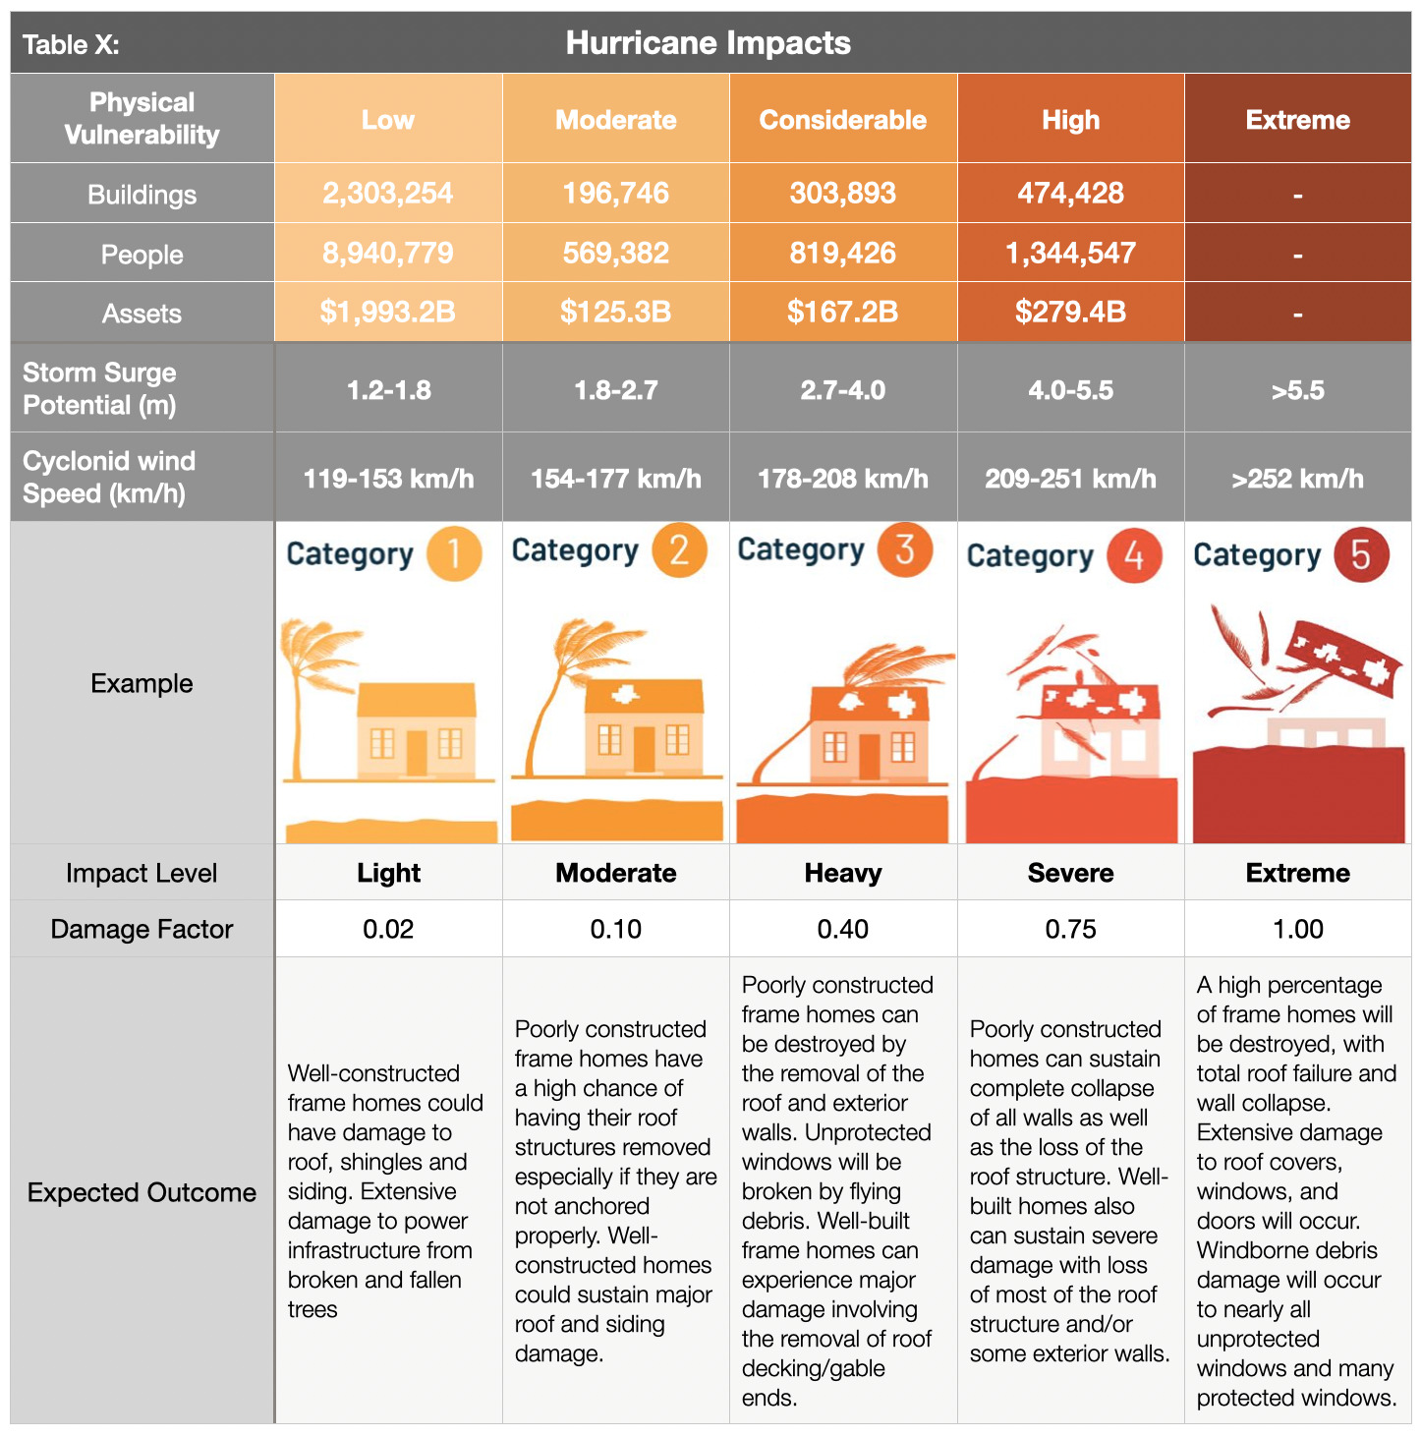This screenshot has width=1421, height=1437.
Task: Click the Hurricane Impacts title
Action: pyautogui.click(x=708, y=43)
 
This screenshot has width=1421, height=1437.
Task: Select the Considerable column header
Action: pyautogui.click(x=842, y=120)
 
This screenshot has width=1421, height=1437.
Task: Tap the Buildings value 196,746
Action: pyautogui.click(x=615, y=193)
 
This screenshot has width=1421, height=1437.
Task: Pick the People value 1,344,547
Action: pyautogui.click(x=1070, y=254)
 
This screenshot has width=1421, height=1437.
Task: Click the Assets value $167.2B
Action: pyautogui.click(x=842, y=313)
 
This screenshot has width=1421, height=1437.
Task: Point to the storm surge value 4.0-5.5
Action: pyautogui.click(x=1070, y=390)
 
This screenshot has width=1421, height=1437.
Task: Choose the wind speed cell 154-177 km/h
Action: pyautogui.click(x=615, y=479)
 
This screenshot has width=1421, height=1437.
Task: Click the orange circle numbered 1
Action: pyautogui.click(x=454, y=553)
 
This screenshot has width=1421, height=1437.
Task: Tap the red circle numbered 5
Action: pyautogui.click(x=1361, y=554)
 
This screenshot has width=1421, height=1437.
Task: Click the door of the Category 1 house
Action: pyautogui.click(x=417, y=752)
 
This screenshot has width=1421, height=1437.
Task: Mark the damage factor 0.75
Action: pyautogui.click(x=1070, y=929)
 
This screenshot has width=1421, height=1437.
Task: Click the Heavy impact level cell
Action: pyautogui.click(x=842, y=873)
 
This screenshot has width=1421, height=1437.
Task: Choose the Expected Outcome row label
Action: pyautogui.click(x=142, y=1192)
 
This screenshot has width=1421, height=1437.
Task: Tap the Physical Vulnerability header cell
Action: pyautogui.click(x=142, y=118)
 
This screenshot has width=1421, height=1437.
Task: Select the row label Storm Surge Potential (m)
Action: pyautogui.click(x=99, y=388)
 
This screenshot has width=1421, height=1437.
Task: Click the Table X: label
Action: pyautogui.click(x=71, y=45)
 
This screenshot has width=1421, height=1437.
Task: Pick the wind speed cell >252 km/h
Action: pyautogui.click(x=1297, y=479)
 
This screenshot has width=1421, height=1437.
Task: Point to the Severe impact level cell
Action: pyautogui.click(x=1070, y=873)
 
